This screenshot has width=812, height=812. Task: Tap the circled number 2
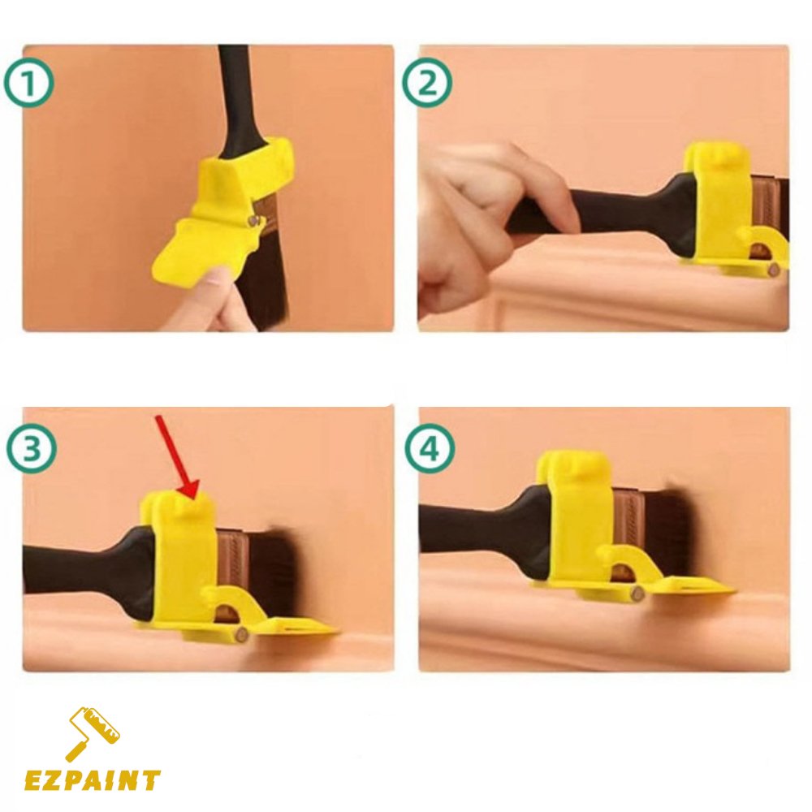(427, 83)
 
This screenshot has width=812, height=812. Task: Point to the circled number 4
(430, 448)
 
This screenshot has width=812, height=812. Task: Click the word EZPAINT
(93, 781)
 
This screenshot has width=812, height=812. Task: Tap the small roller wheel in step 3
(241, 633)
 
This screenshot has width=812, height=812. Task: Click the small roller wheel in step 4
(637, 591)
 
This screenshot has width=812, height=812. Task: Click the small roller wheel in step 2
(774, 269)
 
